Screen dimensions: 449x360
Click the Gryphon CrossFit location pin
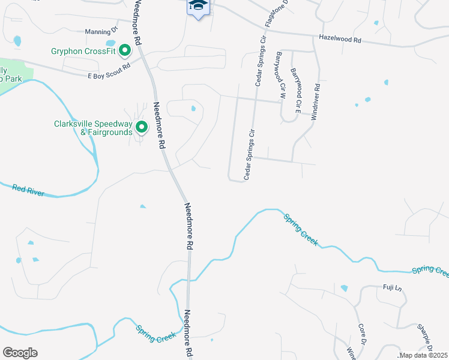tap(125, 50)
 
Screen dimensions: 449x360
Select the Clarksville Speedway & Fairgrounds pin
tap(142, 127)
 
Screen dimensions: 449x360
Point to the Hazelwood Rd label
tap(340, 40)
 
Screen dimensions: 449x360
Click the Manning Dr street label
tap(101, 31)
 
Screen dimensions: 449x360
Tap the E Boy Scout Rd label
tap(109, 76)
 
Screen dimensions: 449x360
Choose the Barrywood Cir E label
tap(295, 90)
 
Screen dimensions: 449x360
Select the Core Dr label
tap(362, 334)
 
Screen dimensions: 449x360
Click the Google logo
tap(20, 353)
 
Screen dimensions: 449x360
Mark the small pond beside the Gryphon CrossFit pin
tap(110, 43)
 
